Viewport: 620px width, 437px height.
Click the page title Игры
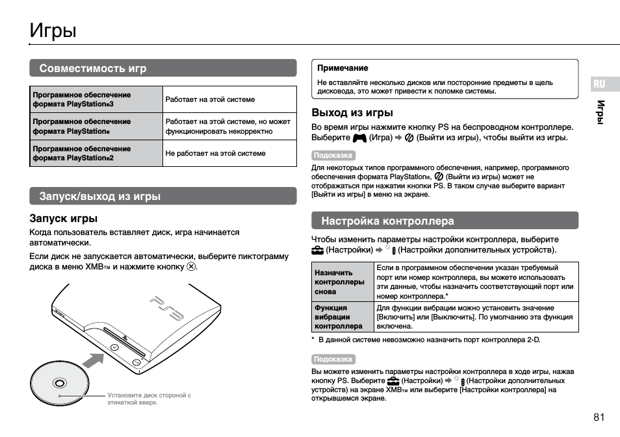pyautogui.click(x=53, y=31)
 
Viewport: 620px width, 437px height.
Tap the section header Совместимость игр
pyautogui.click(x=93, y=68)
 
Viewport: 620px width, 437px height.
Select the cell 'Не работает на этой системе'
pyautogui.click(x=215, y=153)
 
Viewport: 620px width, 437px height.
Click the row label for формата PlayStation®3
pyautogui.click(x=81, y=99)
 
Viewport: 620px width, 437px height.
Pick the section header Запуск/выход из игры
pyautogui.click(x=99, y=196)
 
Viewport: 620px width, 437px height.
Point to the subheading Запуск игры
pyautogui.click(x=64, y=218)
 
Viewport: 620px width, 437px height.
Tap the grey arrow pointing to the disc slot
pyautogui.click(x=94, y=360)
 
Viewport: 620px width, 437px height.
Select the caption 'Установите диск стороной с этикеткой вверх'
pyautogui.click(x=149, y=399)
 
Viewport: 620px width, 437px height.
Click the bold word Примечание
pyautogui.click(x=342, y=68)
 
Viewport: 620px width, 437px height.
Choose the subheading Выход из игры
pyautogui.click(x=352, y=112)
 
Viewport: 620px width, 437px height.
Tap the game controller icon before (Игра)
pyautogui.click(x=359, y=138)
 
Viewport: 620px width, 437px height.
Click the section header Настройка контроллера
pyautogui.click(x=387, y=221)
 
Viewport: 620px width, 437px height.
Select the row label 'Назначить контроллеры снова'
pyautogui.click(x=339, y=282)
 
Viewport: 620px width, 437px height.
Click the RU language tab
pyautogui.click(x=599, y=84)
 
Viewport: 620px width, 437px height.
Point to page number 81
pyautogui.click(x=599, y=417)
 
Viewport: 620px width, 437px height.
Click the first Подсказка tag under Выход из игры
pyautogui.click(x=333, y=155)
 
